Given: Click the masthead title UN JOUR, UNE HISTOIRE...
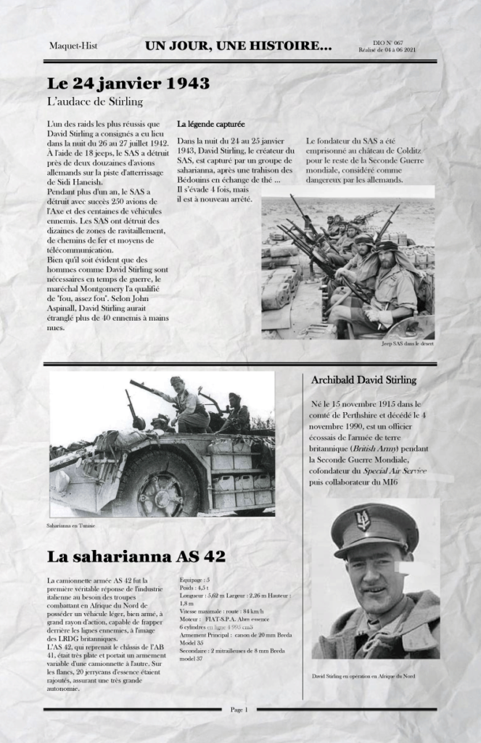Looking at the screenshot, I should pyautogui.click(x=238, y=46).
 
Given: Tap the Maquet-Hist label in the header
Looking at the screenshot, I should pyautogui.click(x=73, y=46).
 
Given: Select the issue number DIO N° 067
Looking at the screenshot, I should pyautogui.click(x=385, y=43).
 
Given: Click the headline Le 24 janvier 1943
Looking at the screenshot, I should pyautogui.click(x=128, y=83).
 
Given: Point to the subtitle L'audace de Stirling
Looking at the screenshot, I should pyautogui.click(x=94, y=102).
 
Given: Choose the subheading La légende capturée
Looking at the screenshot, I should pyautogui.click(x=210, y=125).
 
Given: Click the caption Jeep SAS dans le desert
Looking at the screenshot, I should pyautogui.click(x=407, y=343).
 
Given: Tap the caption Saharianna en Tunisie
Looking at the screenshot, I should pyautogui.click(x=72, y=525).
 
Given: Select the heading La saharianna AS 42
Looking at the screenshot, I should pyautogui.click(x=136, y=557).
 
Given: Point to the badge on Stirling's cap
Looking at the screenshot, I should pyautogui.click(x=363, y=519).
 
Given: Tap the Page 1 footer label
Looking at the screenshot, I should pyautogui.click(x=239, y=709).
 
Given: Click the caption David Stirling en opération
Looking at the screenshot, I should pyautogui.click(x=363, y=676).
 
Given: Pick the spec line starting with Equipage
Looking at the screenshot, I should pyautogui.click(x=195, y=580).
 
